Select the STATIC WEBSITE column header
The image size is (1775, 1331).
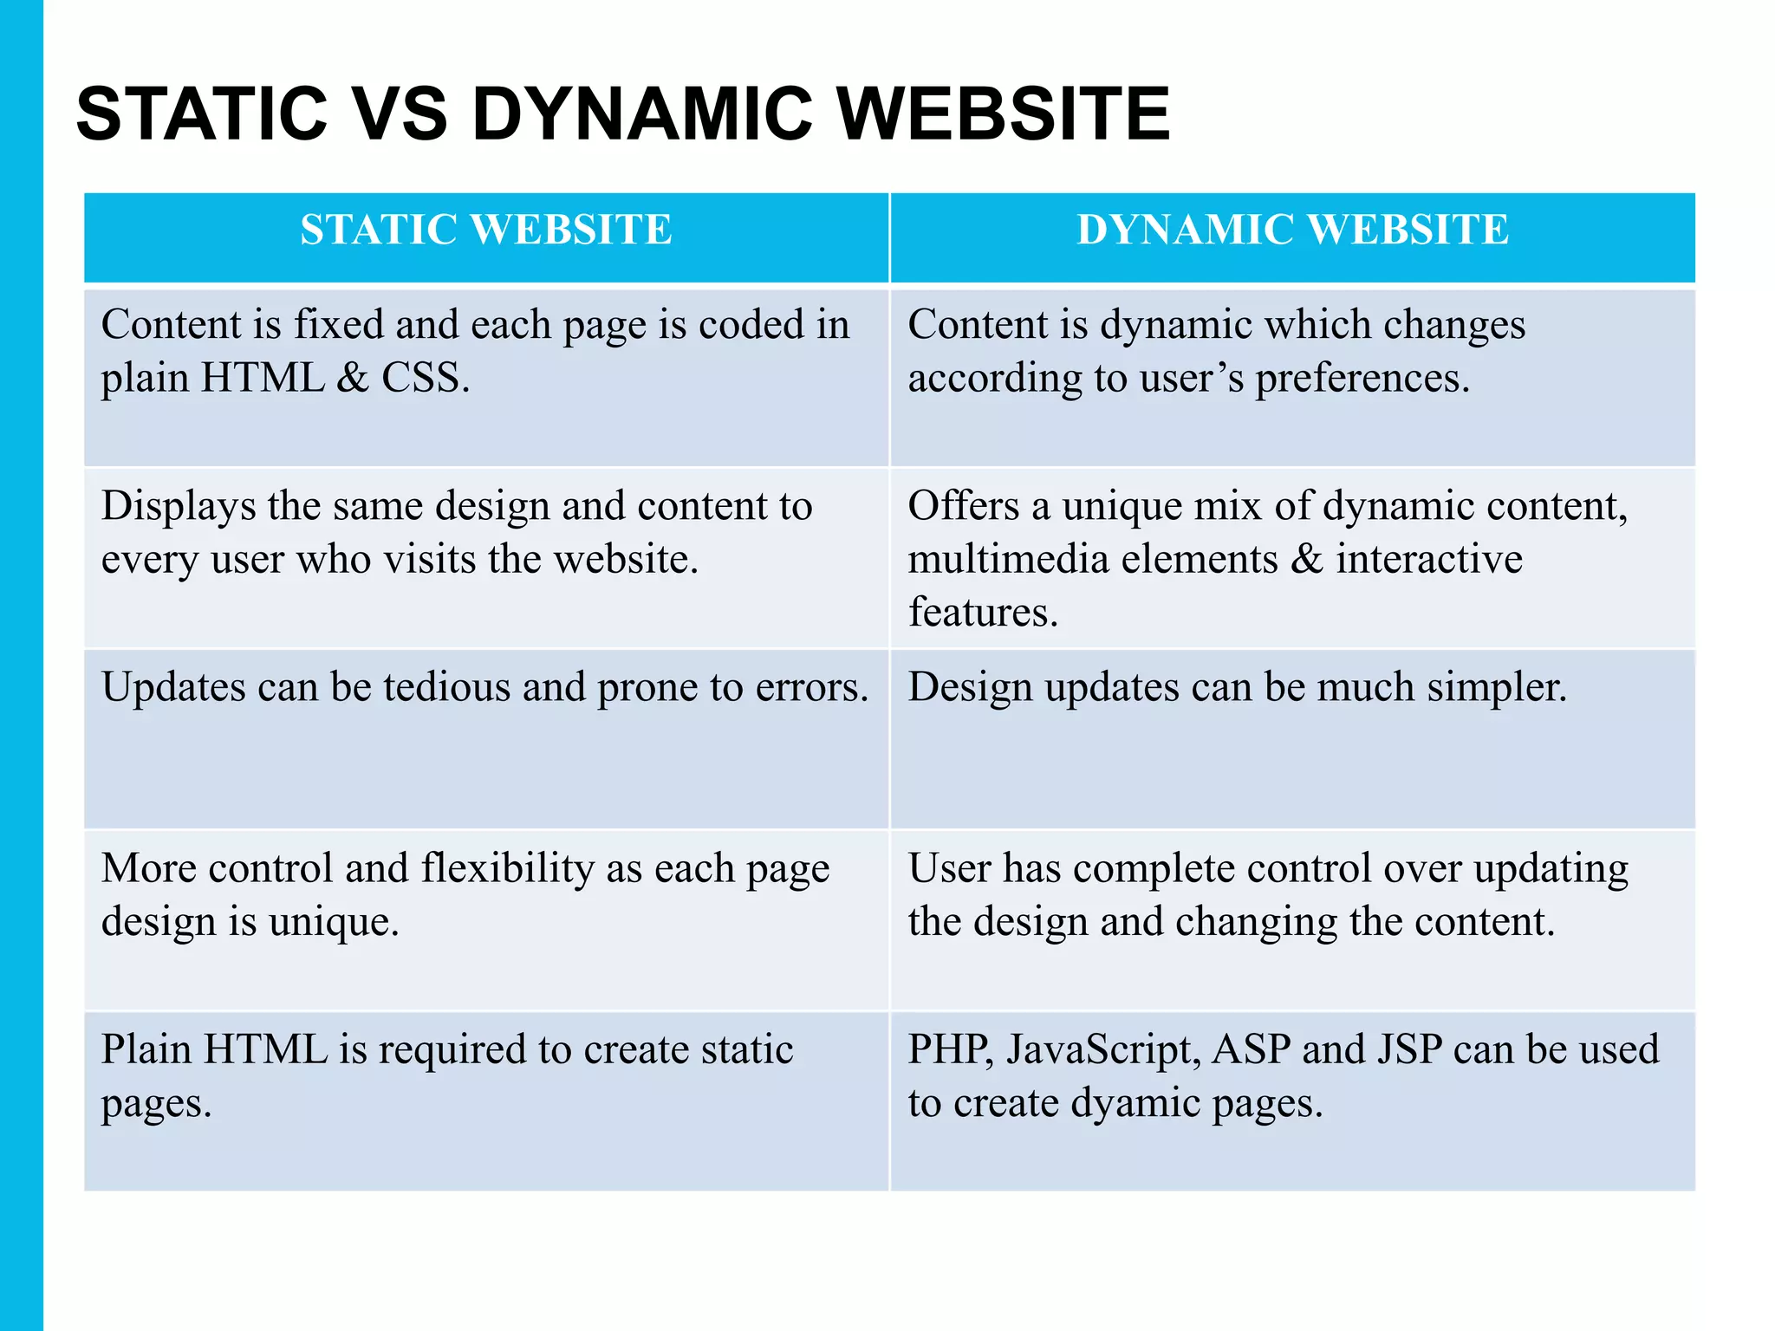pyautogui.click(x=486, y=230)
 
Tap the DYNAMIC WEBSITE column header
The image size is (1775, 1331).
pyautogui.click(x=1292, y=230)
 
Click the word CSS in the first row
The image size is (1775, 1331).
pyautogui.click(x=425, y=379)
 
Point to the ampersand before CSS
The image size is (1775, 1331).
pyautogui.click(x=352, y=379)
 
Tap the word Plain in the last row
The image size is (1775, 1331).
pyautogui.click(x=146, y=1050)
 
